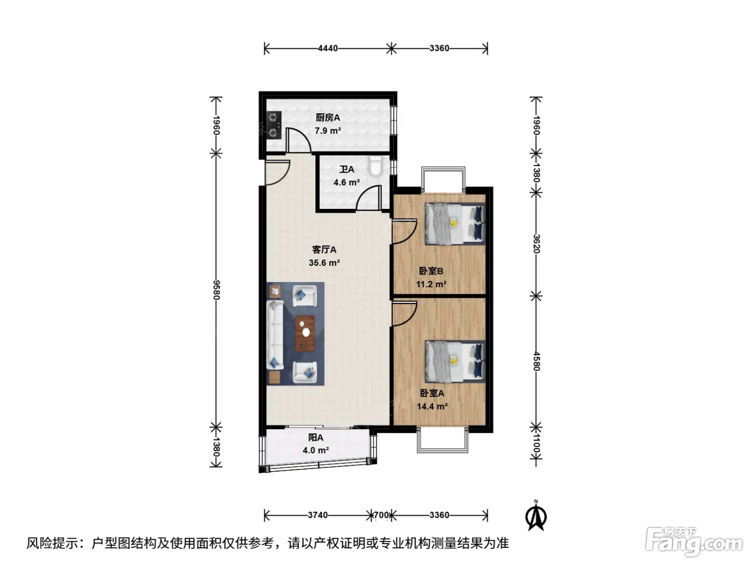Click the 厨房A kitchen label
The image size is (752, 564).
tap(328, 118)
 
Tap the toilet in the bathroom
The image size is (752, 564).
tap(375, 166)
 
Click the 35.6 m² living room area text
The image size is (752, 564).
tap(324, 263)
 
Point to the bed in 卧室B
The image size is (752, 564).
tap(455, 224)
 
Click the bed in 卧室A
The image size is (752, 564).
tap(455, 361)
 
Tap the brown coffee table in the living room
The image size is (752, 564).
tap(305, 333)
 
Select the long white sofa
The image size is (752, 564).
tap(275, 335)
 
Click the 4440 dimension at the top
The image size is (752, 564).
tap(328, 49)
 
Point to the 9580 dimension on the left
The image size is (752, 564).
tap(216, 290)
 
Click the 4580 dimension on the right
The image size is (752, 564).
tap(537, 361)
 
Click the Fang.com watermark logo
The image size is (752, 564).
tap(694, 542)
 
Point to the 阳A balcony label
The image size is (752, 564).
tap(315, 438)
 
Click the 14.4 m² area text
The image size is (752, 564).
tap(432, 407)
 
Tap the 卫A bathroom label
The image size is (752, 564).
tap(346, 170)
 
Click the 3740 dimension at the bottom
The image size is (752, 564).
tap(317, 515)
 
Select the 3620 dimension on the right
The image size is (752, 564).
tap(537, 244)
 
